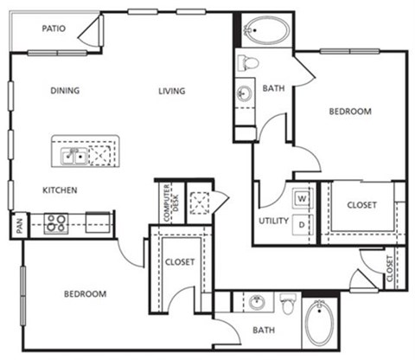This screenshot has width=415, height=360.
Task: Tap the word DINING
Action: [65, 90]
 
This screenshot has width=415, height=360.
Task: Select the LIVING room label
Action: [173, 90]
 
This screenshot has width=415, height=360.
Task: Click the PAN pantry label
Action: [18, 226]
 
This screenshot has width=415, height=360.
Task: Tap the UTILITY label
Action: [273, 221]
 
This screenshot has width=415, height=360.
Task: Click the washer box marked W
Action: [303, 198]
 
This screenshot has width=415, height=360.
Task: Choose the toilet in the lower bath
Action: [289, 305]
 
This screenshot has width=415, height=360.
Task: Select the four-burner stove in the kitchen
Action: [57, 224]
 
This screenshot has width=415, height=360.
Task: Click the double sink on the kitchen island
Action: [73, 156]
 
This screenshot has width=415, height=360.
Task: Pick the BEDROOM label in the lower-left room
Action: [85, 294]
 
